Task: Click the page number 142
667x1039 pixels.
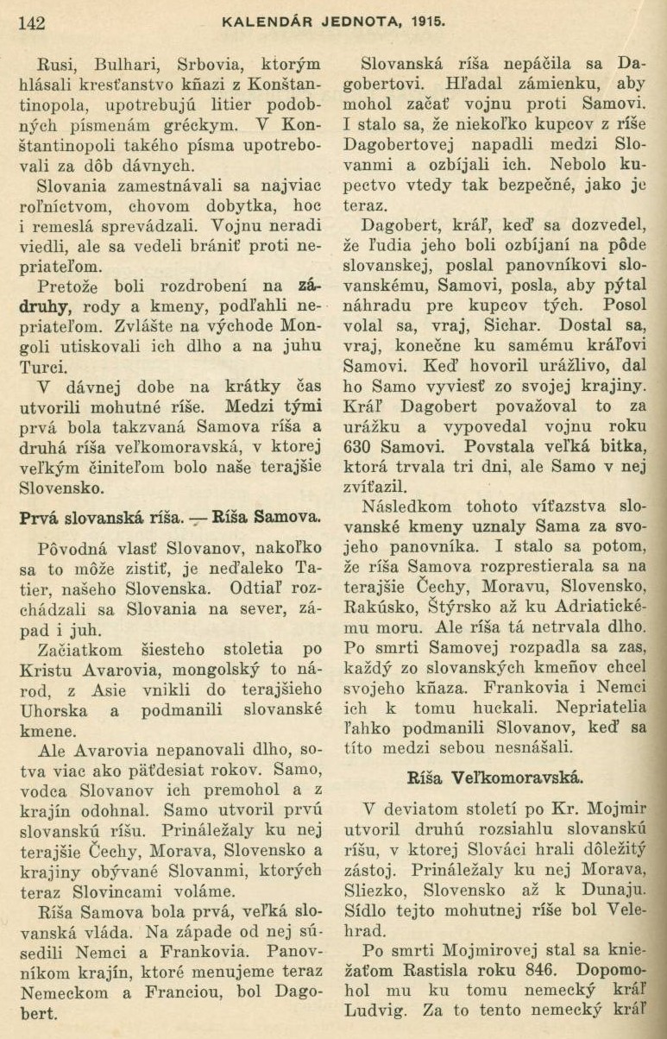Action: coord(31,22)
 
